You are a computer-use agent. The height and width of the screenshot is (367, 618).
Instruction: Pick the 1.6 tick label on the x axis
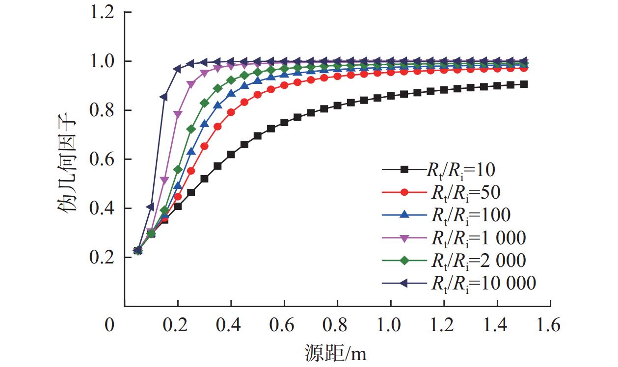[x=550, y=325]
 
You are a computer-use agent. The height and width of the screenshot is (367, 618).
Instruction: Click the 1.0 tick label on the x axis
[x=390, y=325]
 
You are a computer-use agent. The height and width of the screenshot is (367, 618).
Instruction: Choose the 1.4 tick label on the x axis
[x=497, y=325]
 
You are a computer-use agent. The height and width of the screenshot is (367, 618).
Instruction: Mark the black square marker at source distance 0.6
[x=284, y=123]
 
